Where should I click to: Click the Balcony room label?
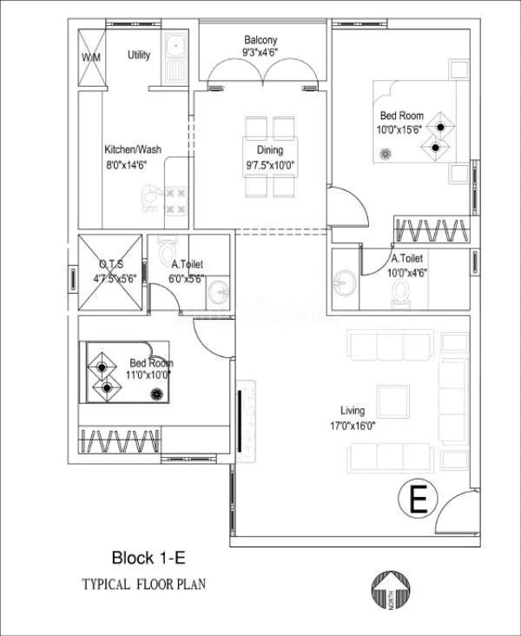[x=260, y=40]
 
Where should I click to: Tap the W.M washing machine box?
[x=90, y=57]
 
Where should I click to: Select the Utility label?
[x=139, y=55]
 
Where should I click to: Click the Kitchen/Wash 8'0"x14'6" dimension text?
[x=132, y=163]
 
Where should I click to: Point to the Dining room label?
[x=257, y=149]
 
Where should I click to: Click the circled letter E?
[x=417, y=501]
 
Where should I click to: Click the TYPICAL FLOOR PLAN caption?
[x=144, y=584]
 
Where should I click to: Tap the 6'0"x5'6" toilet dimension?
[x=188, y=279]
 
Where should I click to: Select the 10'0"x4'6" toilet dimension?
[x=408, y=272]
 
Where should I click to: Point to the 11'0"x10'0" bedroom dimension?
[x=150, y=375]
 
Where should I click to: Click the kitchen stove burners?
[x=177, y=199]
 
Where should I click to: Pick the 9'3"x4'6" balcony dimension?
[x=260, y=53]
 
